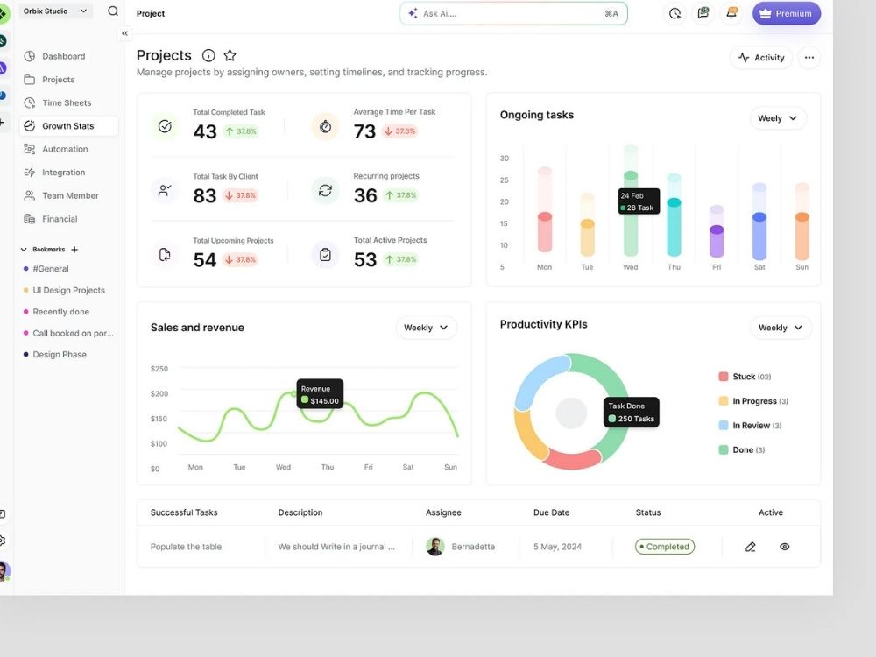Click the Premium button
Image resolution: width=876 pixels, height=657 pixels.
click(x=786, y=13)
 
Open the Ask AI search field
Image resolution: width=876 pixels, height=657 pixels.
click(x=513, y=13)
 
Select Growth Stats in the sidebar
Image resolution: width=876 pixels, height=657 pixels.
click(x=68, y=125)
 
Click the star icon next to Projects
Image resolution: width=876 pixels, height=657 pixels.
click(x=230, y=55)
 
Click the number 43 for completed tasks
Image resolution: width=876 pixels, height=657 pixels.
click(x=204, y=131)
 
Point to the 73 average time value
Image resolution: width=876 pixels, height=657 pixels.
click(x=364, y=131)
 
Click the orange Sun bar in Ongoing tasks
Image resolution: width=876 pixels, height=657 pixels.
click(x=802, y=237)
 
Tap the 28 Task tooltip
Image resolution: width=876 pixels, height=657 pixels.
click(x=639, y=201)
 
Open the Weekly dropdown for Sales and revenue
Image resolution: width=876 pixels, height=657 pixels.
click(x=426, y=328)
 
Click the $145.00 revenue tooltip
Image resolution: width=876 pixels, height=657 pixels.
click(x=320, y=394)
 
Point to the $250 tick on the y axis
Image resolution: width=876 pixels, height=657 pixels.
click(x=159, y=369)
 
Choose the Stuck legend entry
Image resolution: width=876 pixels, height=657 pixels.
click(x=745, y=377)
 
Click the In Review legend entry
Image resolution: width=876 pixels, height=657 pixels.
click(x=750, y=425)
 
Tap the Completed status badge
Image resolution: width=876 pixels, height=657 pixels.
click(x=665, y=547)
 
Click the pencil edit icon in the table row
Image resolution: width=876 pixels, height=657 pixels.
click(x=751, y=547)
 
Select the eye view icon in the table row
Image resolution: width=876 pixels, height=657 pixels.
click(x=784, y=547)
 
